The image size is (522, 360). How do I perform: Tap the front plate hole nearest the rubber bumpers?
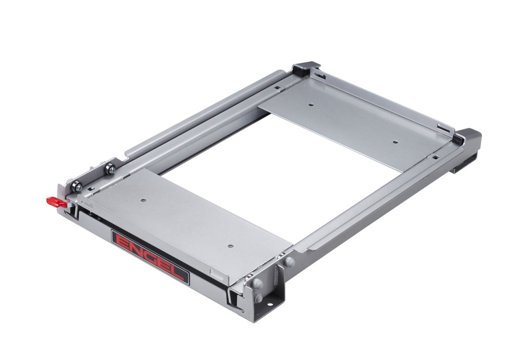(228, 244)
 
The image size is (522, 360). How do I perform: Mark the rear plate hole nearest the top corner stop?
(311, 104)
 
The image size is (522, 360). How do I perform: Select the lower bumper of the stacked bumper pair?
(257, 298)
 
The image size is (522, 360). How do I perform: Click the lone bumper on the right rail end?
(290, 261)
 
